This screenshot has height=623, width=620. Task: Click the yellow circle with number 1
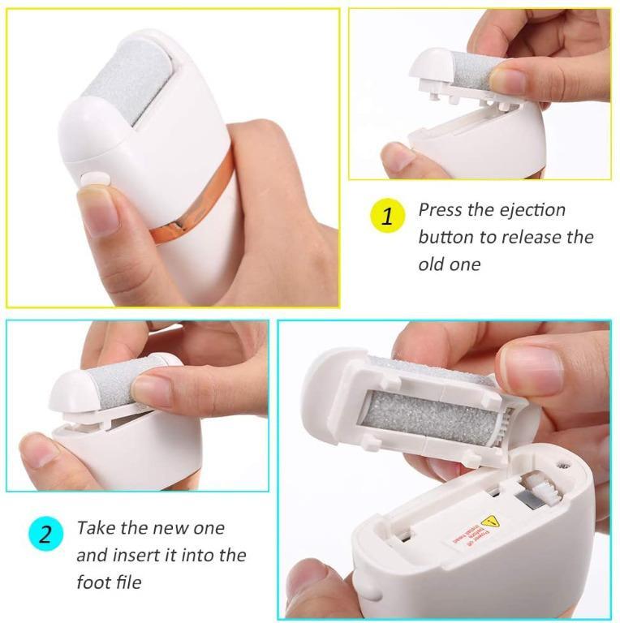(x=387, y=217)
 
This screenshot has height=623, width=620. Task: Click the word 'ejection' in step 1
(x=532, y=210)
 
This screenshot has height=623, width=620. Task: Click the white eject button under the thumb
(x=96, y=179)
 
